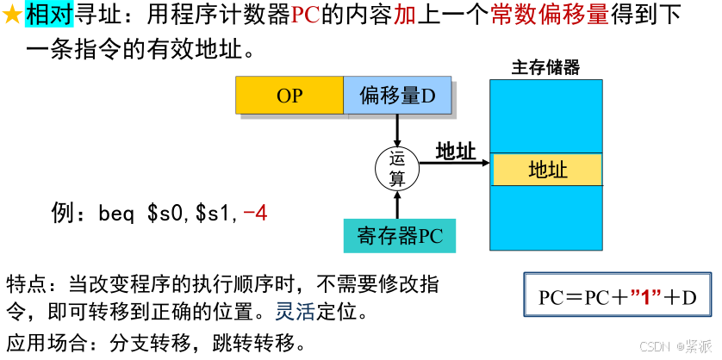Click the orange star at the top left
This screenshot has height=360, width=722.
click(x=12, y=14)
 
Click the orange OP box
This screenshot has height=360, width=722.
click(x=289, y=96)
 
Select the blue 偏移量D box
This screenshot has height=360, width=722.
click(x=397, y=96)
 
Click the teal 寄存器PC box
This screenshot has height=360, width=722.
click(x=399, y=236)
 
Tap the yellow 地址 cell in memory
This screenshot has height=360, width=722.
click(x=547, y=170)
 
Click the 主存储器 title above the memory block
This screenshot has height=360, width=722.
click(x=545, y=67)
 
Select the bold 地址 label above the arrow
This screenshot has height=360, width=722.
click(x=456, y=152)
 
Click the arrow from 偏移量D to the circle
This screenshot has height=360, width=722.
click(x=397, y=130)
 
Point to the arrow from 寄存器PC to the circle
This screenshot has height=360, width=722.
click(x=397, y=205)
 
